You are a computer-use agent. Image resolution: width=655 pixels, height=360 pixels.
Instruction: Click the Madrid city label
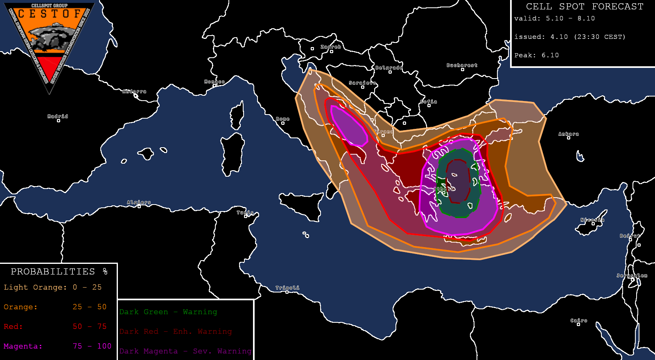(x=58, y=117)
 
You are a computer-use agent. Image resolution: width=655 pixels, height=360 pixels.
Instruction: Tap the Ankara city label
(x=569, y=134)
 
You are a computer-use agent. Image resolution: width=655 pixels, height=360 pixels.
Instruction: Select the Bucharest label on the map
(x=462, y=65)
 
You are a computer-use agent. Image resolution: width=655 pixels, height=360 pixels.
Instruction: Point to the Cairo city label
(x=579, y=321)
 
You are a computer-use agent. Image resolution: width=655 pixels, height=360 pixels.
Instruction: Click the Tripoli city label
(x=287, y=288)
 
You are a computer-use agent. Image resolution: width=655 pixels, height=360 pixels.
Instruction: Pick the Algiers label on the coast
(x=139, y=202)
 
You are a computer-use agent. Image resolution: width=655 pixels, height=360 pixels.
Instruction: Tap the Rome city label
(x=282, y=119)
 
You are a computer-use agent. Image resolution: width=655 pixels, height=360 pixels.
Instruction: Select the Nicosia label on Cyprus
(x=592, y=220)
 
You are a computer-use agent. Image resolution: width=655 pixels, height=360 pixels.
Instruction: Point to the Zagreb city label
(x=331, y=47)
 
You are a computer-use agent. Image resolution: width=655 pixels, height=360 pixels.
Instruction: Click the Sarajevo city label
(x=362, y=83)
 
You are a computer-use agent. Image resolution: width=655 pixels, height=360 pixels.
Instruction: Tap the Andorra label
(x=134, y=92)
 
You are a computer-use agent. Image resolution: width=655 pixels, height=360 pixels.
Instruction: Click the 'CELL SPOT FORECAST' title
(x=585, y=7)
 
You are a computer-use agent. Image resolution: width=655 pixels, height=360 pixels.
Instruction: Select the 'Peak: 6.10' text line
(x=536, y=55)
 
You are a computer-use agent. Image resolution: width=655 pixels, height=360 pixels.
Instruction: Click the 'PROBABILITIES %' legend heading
(x=59, y=272)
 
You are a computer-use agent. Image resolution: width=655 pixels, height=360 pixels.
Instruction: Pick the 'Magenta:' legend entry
(x=23, y=346)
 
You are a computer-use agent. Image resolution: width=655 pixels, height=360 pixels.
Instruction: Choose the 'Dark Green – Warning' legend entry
(x=168, y=312)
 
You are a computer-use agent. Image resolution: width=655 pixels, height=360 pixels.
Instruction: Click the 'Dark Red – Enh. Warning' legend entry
(x=176, y=331)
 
